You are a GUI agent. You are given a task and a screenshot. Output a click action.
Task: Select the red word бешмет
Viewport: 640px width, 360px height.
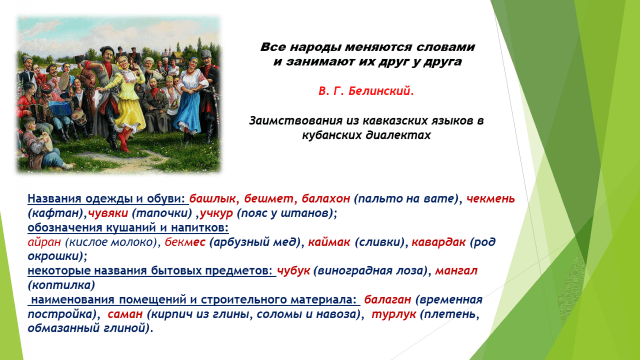click(x=269, y=198)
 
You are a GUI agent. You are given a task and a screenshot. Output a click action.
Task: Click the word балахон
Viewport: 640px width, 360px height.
click(x=326, y=198)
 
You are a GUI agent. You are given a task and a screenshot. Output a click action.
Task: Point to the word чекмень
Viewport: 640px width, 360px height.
click(x=490, y=198)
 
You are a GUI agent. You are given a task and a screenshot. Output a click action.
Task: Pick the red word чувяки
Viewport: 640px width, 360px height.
click(x=108, y=213)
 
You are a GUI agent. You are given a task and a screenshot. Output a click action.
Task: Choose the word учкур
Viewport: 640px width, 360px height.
click(x=216, y=213)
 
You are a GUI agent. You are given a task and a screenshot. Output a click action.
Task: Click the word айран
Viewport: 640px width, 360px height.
click(x=44, y=242)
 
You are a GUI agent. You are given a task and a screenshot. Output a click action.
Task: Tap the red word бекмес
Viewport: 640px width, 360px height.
click(x=185, y=242)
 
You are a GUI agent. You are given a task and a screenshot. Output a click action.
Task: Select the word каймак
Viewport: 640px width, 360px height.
click(x=329, y=242)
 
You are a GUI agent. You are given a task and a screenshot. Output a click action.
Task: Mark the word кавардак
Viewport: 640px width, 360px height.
click(x=438, y=242)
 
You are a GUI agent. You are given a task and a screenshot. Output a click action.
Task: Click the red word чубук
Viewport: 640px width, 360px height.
click(x=294, y=270)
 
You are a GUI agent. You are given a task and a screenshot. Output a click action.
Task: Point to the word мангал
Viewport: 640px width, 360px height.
click(x=456, y=270)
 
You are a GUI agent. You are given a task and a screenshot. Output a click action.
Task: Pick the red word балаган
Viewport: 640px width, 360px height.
click(x=387, y=300)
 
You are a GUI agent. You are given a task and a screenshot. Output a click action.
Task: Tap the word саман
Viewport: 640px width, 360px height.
click(x=125, y=314)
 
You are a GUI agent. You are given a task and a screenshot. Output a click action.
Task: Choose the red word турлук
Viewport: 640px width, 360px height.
click(x=394, y=314)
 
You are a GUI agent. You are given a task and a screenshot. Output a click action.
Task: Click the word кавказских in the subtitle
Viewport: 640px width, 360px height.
click(x=398, y=121)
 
